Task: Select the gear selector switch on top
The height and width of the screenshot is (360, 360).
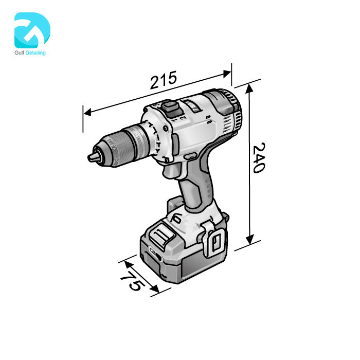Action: pos(171,108)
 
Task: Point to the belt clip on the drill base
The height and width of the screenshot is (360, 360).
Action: pos(217,240)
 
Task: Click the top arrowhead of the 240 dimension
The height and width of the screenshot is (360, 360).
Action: pos(250,87)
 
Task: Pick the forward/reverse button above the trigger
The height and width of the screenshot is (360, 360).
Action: pos(189,156)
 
